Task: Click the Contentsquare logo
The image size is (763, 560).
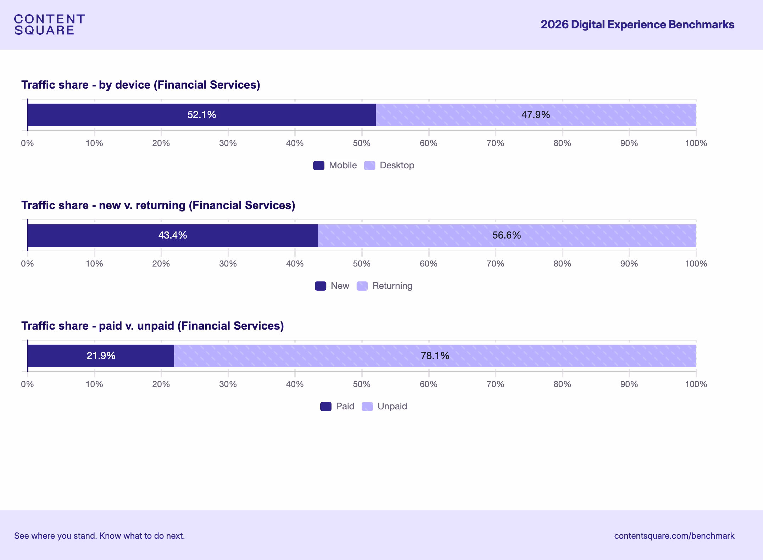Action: [x=49, y=24]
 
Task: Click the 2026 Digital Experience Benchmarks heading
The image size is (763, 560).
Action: [x=637, y=24]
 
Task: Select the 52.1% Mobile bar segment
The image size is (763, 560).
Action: [x=201, y=115]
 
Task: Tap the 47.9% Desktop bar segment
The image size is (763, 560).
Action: [x=536, y=115]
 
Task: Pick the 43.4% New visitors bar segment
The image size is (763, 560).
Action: [x=172, y=235]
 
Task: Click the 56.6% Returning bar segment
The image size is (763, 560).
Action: [x=507, y=235]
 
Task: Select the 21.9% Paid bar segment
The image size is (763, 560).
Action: [x=101, y=356]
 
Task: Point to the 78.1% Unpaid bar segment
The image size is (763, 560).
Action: [x=435, y=356]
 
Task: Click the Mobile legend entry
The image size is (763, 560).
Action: [x=335, y=166]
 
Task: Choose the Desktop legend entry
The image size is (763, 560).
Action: [x=389, y=166]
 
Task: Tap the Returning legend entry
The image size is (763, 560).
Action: [x=385, y=286]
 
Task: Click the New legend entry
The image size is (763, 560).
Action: [x=332, y=286]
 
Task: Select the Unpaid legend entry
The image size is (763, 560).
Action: [x=385, y=407]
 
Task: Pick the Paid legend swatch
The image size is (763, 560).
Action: [x=326, y=407]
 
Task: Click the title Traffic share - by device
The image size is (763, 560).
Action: [x=140, y=85]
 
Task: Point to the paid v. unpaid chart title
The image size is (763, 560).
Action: [x=152, y=326]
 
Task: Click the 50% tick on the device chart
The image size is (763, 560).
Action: [x=362, y=143]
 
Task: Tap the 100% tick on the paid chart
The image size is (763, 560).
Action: [x=696, y=384]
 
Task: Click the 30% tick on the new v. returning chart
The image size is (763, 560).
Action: [x=228, y=264]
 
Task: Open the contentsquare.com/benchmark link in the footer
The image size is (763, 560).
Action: [x=674, y=536]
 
